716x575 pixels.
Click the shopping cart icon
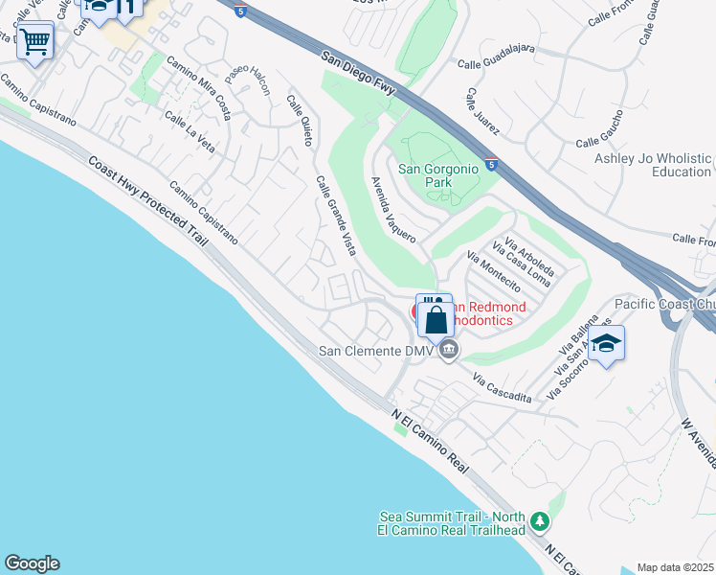point(35,41)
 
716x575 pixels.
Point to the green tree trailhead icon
point(541,522)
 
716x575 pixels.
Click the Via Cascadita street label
point(502,389)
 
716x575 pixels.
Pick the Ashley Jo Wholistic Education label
point(653,165)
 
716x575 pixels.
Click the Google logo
point(32,563)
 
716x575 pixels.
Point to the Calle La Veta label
point(189,131)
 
